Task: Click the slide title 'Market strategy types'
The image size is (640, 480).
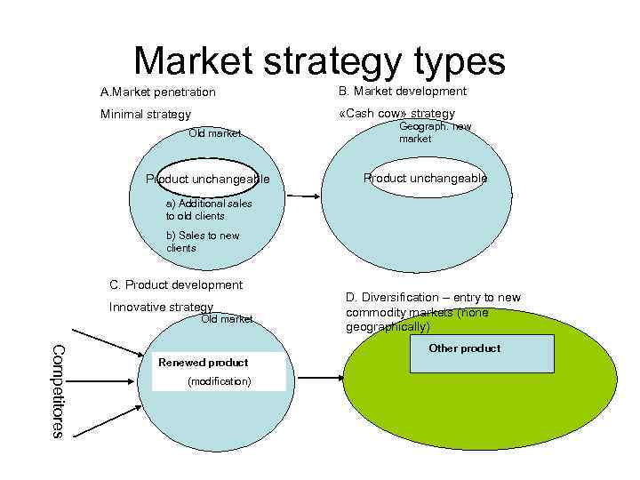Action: [x=319, y=61]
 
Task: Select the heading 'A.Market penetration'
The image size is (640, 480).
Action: [x=157, y=92]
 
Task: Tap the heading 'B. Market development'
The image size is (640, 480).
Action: [x=402, y=92]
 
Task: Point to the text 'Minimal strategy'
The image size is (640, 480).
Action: [x=145, y=115]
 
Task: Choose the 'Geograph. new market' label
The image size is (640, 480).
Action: [x=435, y=132]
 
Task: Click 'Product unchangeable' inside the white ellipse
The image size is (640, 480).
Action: [x=425, y=178]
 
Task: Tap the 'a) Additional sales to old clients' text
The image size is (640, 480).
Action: [x=209, y=209]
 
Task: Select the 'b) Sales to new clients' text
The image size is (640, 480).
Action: [x=203, y=242]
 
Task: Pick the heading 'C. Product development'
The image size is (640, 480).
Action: [x=175, y=285]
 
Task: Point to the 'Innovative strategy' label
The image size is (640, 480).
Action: [x=161, y=307]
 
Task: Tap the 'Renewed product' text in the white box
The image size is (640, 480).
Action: [x=203, y=363]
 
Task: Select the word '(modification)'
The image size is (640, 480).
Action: [x=219, y=381]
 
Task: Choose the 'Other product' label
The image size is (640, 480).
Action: [x=464, y=348]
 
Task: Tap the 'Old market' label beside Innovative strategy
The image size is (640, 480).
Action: [x=227, y=318]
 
